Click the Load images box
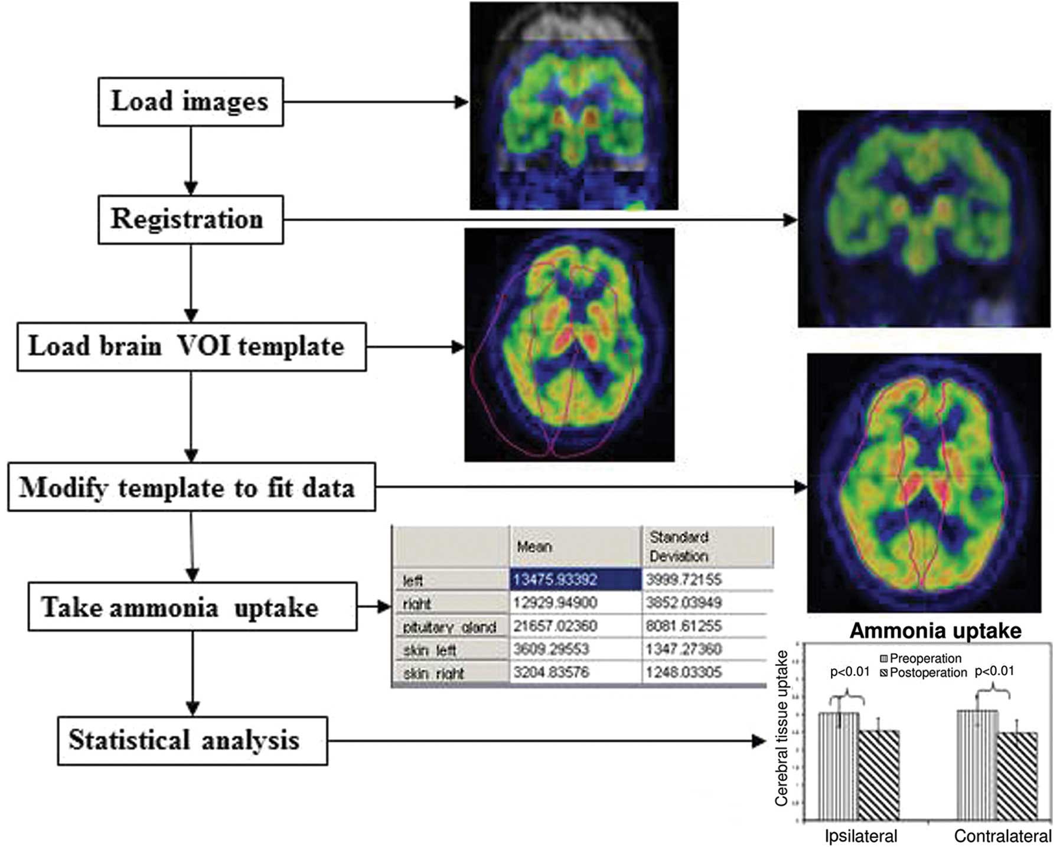pyautogui.click(x=190, y=102)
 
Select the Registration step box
pyautogui.click(x=190, y=220)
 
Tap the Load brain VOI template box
pyautogui.click(x=191, y=346)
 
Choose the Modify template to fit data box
pyautogui.click(x=191, y=487)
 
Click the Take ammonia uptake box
pyautogui.click(x=193, y=607)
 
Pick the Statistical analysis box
pyautogui.click(x=193, y=741)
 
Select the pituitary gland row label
pyautogui.click(x=450, y=627)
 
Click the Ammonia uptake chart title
pyautogui.click(x=935, y=631)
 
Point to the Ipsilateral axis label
pyautogui.click(x=861, y=836)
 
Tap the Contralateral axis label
pyautogui.click(x=1003, y=836)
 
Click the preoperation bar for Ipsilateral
pyautogui.click(x=839, y=767)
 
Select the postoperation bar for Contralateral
pyautogui.click(x=1017, y=776)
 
